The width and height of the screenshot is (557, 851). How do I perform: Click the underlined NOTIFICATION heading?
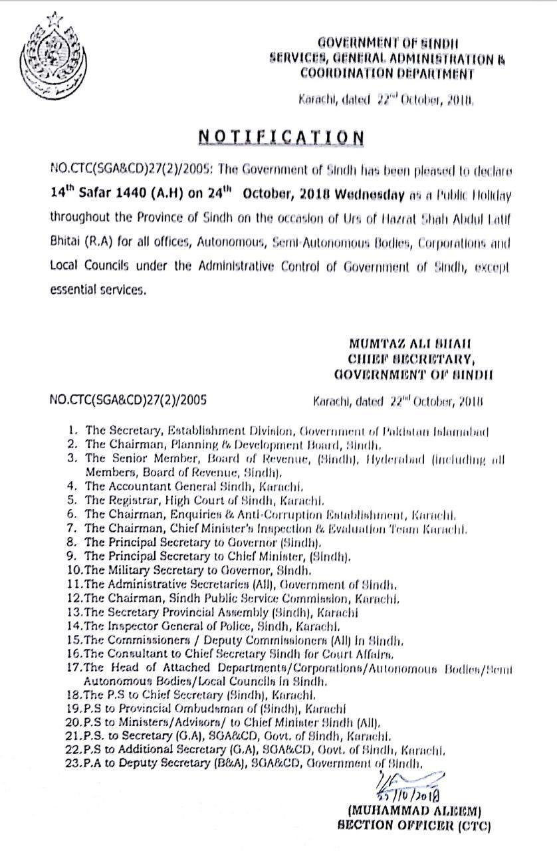coord(281,137)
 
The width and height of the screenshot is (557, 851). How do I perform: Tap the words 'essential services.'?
coord(97,290)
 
